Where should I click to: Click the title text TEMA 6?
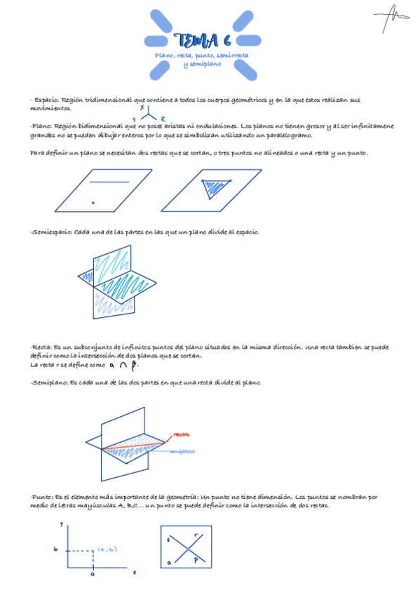click(201, 40)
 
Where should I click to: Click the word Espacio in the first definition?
click(48, 100)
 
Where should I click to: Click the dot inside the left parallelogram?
click(93, 203)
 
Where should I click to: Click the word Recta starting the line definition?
click(41, 347)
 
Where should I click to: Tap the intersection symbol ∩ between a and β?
click(123, 365)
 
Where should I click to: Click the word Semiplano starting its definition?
click(49, 383)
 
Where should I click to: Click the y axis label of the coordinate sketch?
click(62, 524)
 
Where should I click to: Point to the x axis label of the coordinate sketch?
click(134, 572)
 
